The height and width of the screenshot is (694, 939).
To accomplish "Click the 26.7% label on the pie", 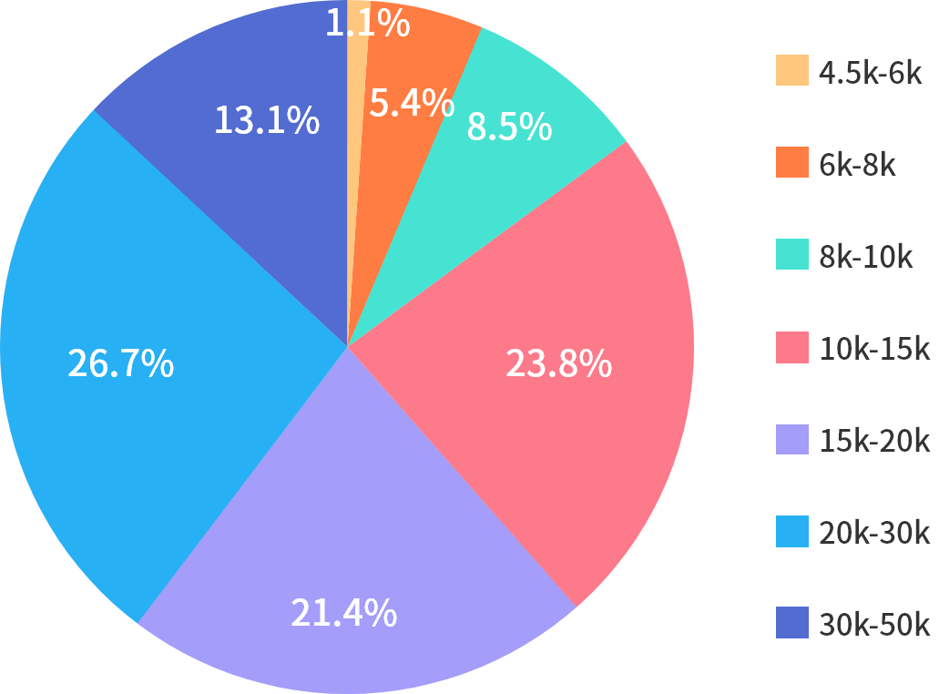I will (120, 364).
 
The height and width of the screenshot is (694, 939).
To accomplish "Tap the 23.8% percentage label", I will (558, 364).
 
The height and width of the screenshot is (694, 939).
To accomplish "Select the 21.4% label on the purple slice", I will (343, 613).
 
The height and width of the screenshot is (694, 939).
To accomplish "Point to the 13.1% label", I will (266, 120).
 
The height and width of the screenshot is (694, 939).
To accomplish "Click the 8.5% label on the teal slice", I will (509, 127).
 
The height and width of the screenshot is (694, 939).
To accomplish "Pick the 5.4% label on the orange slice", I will (412, 104).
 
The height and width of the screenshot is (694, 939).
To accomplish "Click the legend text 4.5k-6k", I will (871, 73).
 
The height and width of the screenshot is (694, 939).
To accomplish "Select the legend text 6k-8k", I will (858, 165).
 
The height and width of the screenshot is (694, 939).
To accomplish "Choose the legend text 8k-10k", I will (866, 257).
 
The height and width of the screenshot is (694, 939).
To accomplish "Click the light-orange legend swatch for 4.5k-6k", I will (791, 70).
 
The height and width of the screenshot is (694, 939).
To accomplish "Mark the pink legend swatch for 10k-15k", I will (791, 347).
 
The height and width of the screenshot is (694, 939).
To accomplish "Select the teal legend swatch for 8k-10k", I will (791, 254).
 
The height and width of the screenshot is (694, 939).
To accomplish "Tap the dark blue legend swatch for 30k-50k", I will (791, 623).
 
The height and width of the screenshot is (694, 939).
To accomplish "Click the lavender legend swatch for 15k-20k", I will (791, 439).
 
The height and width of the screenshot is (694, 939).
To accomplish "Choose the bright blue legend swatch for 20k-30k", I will (791, 531).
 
